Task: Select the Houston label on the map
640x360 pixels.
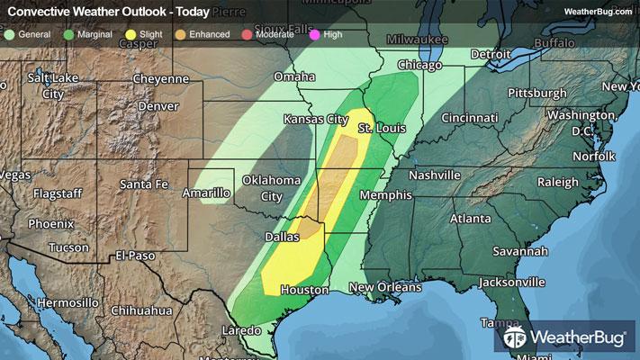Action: coord(305,291)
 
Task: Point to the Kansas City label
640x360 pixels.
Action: coord(315,119)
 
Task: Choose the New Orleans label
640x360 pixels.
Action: coord(385,288)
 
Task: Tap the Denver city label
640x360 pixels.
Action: coord(159,106)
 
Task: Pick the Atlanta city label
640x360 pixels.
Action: coord(471,219)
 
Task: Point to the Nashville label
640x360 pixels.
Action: coord(435,175)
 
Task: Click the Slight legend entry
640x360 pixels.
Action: coord(143,34)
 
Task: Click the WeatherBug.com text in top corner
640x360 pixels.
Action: coord(599,11)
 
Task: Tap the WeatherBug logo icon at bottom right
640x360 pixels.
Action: coord(517,338)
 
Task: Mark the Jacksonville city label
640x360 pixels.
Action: coord(512,282)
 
